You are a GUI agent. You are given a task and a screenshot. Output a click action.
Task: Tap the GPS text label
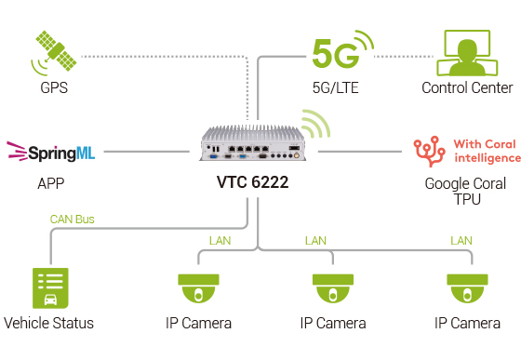click(x=53, y=88)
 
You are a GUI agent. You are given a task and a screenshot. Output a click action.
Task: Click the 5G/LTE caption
click(x=336, y=88)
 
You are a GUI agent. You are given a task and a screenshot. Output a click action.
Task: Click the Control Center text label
click(x=467, y=88)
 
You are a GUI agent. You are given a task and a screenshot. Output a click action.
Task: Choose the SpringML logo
click(x=51, y=149)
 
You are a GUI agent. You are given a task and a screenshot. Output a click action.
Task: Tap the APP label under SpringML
click(x=50, y=183)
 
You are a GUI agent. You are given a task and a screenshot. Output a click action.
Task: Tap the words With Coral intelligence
click(x=484, y=151)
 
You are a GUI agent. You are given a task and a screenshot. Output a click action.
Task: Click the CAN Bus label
click(x=72, y=220)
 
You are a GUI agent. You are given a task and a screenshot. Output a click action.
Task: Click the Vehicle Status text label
click(x=49, y=324)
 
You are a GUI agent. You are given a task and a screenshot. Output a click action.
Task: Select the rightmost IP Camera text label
click(x=467, y=324)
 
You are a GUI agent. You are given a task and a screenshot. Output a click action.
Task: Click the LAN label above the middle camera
click(x=316, y=241)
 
